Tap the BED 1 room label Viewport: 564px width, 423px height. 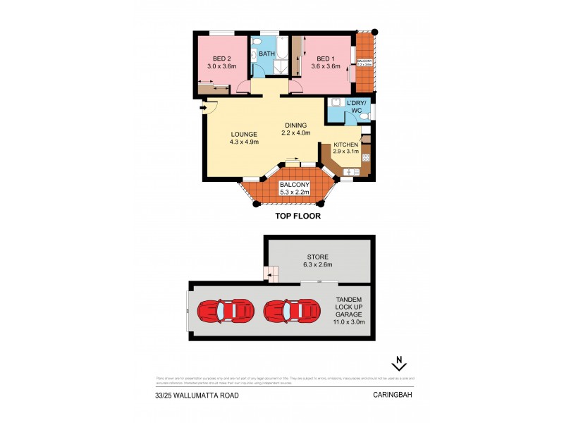click(x=325, y=59)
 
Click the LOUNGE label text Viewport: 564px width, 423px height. click(x=244, y=134)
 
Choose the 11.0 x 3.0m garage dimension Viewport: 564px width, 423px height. click(x=349, y=322)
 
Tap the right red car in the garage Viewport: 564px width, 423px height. click(x=290, y=309)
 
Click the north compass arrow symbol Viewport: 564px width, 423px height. click(x=399, y=364)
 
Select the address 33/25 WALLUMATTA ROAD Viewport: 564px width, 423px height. click(x=197, y=396)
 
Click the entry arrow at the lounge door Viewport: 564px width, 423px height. click(x=204, y=108)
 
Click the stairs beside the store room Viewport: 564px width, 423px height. click(x=271, y=272)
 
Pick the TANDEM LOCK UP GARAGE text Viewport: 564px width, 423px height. click(x=349, y=306)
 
